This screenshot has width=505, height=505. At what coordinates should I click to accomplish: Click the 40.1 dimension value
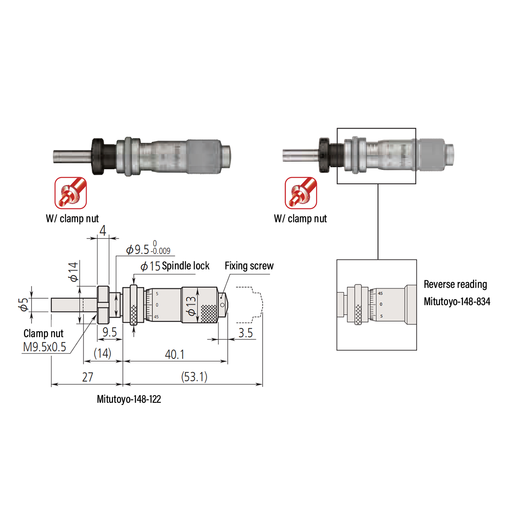click(175, 354)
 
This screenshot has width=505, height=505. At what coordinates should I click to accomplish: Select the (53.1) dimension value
click(194, 377)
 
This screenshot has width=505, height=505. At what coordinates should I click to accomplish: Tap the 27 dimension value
click(88, 377)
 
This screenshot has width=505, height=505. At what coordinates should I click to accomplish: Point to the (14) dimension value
click(102, 353)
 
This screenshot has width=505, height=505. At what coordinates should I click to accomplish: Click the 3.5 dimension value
click(245, 333)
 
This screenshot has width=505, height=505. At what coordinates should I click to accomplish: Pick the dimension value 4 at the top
click(103, 231)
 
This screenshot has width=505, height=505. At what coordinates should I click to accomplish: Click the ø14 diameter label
click(73, 271)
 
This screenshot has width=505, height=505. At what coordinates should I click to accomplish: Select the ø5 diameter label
click(24, 304)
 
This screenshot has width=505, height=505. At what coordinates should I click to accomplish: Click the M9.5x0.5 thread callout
click(45, 347)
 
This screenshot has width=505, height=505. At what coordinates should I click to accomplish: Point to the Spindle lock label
click(186, 266)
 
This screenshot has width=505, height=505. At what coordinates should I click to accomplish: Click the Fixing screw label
click(249, 266)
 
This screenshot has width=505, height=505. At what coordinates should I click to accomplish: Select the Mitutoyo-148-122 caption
click(129, 399)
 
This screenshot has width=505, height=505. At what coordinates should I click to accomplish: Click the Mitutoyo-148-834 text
click(457, 302)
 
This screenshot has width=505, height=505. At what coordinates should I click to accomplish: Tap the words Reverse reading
click(455, 284)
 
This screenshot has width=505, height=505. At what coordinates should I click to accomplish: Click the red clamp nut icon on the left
click(71, 193)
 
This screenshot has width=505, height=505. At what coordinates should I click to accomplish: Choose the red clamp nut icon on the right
click(301, 193)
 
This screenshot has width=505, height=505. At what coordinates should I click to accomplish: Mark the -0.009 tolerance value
click(161, 251)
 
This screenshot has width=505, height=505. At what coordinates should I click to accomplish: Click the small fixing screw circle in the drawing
click(222, 305)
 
